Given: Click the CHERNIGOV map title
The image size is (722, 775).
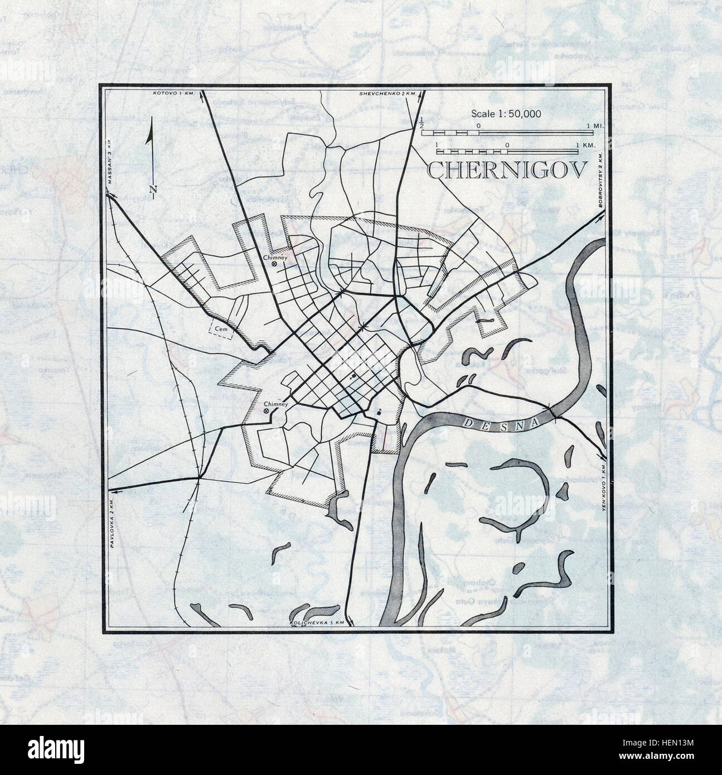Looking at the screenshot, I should click(x=507, y=170).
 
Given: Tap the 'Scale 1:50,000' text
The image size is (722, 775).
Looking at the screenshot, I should click(x=506, y=114).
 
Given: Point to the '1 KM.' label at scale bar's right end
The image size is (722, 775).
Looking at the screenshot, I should click(x=585, y=145).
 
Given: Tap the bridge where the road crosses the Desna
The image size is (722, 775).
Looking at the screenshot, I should click(x=552, y=411).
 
